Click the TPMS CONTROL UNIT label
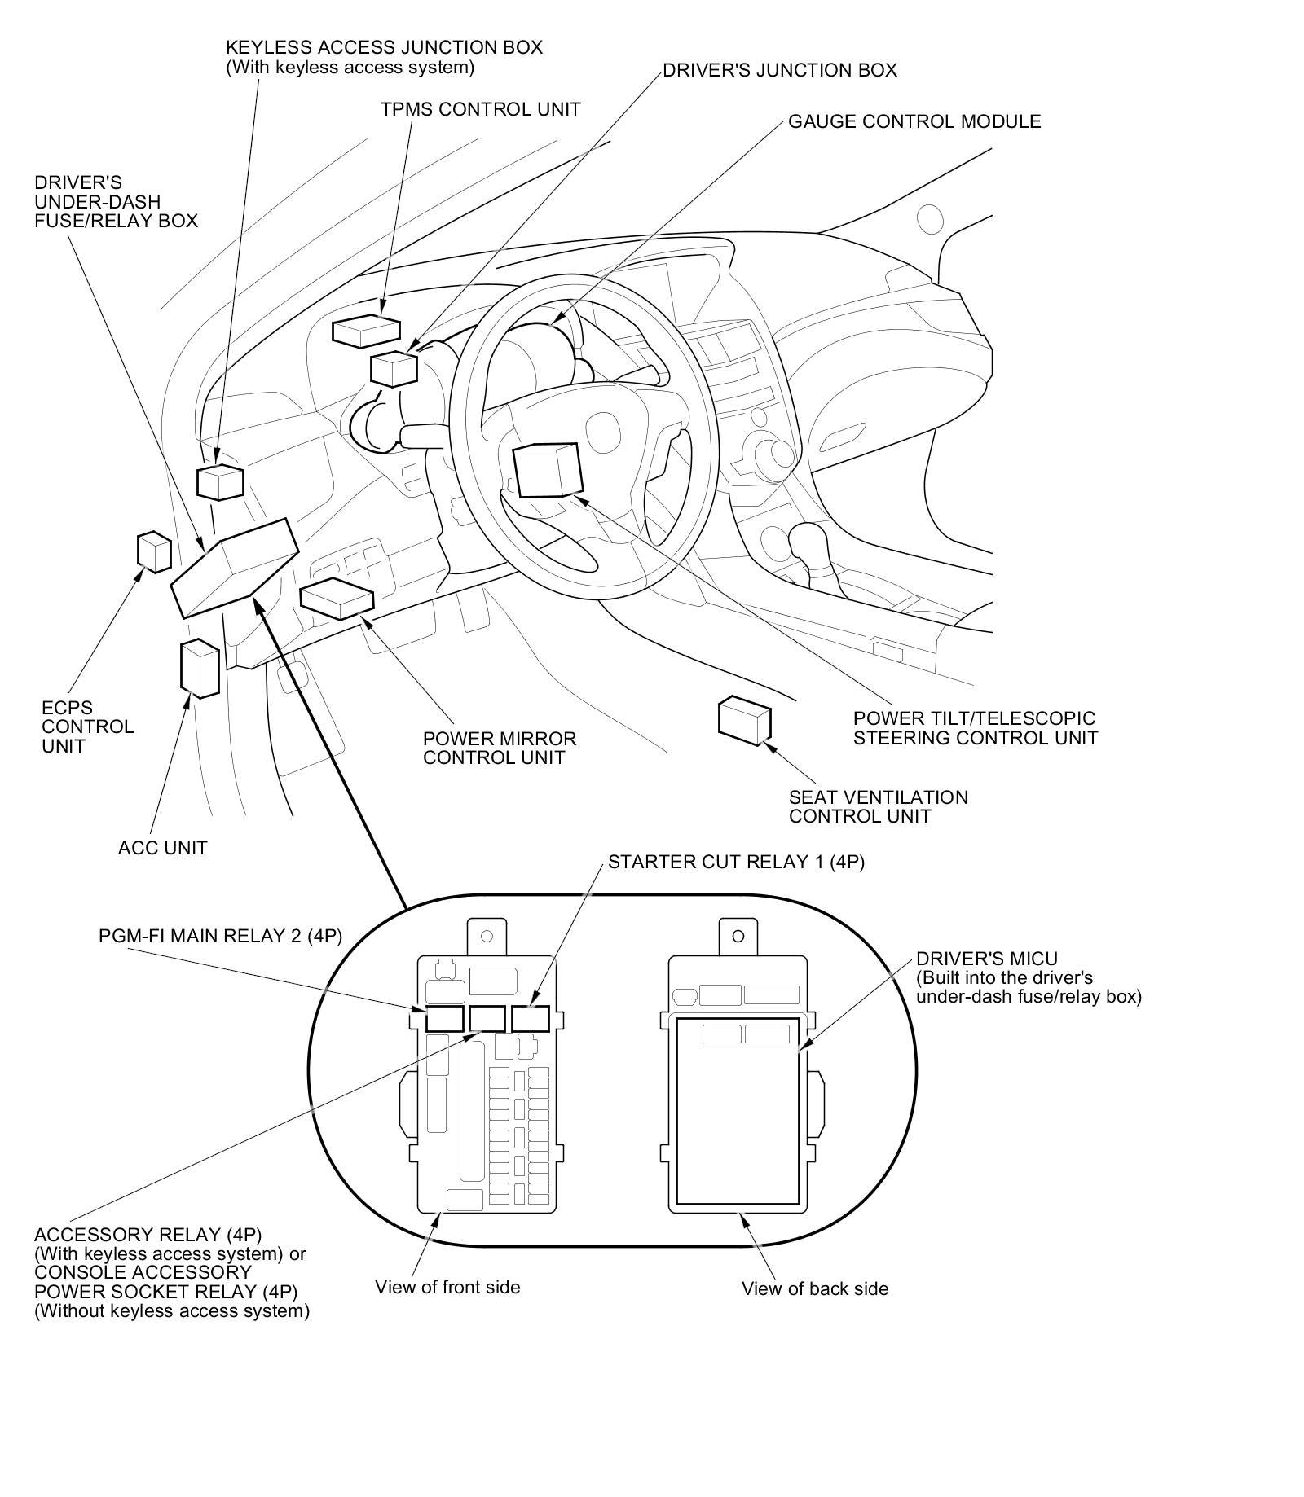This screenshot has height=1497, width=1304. point(480,109)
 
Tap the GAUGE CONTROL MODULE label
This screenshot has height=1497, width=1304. point(914,122)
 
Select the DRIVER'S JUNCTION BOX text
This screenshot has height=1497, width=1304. point(779,71)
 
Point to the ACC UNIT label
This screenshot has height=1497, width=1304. point(162,849)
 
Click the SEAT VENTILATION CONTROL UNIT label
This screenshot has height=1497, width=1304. point(878,807)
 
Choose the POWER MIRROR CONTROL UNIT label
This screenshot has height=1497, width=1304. point(499,748)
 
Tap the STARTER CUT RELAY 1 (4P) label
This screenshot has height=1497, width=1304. point(736,862)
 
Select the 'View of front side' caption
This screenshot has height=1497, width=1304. point(447,1287)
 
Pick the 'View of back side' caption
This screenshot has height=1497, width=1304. point(814,1288)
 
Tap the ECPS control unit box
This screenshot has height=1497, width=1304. point(153,551)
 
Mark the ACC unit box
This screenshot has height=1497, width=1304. point(200,669)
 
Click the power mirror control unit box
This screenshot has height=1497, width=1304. point(337,598)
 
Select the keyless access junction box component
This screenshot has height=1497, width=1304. point(220,481)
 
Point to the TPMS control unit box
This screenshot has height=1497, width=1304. point(366,330)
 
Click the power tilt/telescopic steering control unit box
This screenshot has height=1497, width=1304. point(546,470)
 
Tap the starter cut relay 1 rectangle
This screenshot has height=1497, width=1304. point(530,1018)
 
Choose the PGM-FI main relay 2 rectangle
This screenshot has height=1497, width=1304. point(444,1018)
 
